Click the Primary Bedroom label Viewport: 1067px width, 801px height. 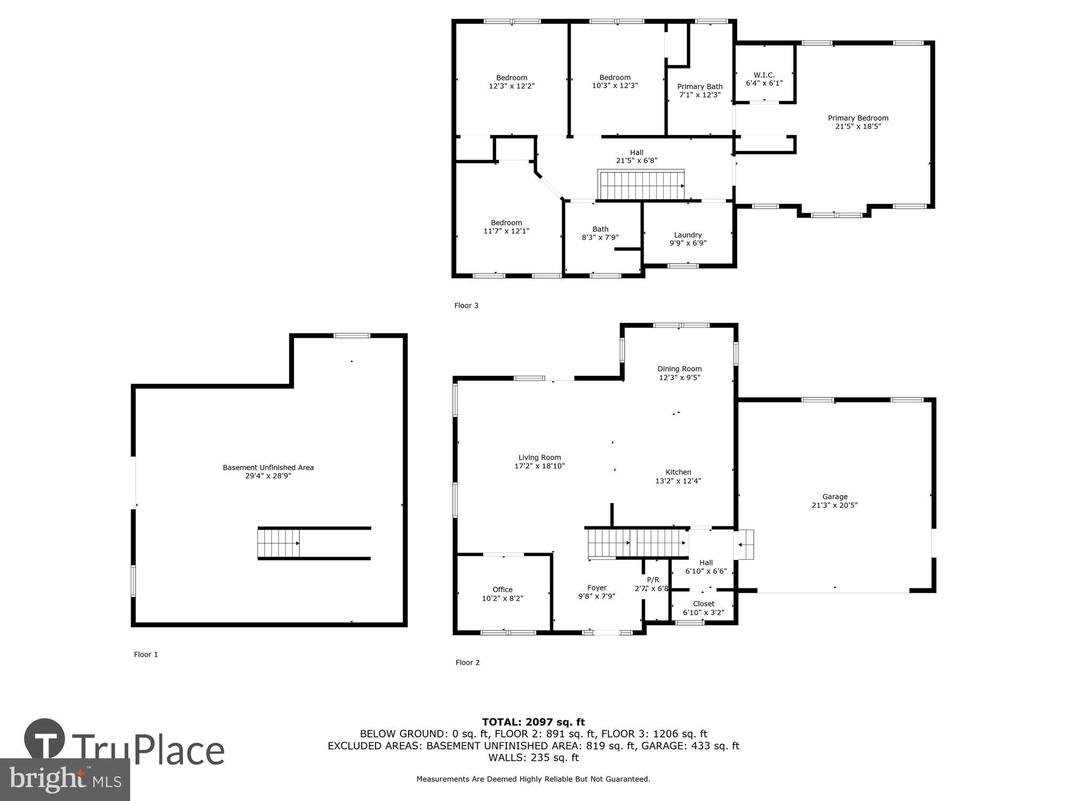[x=858, y=122]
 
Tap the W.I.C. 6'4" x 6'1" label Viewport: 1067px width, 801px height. [x=764, y=79]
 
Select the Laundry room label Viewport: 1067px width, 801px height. [x=688, y=239]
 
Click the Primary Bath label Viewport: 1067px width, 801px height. [x=699, y=90]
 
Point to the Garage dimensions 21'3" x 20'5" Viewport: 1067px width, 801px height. [x=834, y=505]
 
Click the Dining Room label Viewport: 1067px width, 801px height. [x=679, y=373]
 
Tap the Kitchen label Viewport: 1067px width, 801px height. [x=678, y=476]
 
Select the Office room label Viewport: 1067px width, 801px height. [x=503, y=594]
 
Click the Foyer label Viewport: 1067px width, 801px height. [x=597, y=592]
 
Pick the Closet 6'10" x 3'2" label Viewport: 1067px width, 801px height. [x=704, y=608]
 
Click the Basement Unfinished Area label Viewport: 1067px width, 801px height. [x=268, y=472]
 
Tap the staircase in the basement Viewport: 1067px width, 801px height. [x=279, y=543]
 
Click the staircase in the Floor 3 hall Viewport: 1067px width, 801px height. [x=640, y=185]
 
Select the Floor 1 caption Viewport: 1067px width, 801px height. [x=146, y=654]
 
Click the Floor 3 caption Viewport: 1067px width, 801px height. [x=466, y=305]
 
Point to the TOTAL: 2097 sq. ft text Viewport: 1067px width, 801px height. [x=533, y=722]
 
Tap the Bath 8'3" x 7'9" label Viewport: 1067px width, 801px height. [x=600, y=233]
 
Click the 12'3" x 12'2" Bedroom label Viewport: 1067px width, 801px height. [x=512, y=82]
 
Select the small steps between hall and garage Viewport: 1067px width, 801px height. [x=745, y=545]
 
